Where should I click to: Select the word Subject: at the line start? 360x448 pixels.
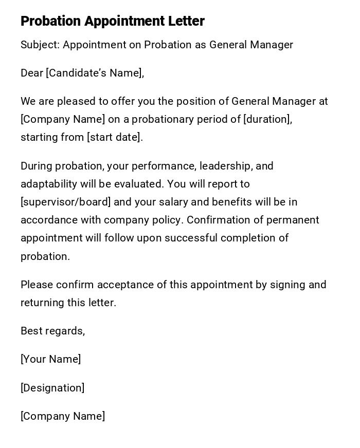coord(40,45)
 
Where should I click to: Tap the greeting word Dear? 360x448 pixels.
coord(32,73)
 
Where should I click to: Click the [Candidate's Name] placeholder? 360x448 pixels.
coord(95,73)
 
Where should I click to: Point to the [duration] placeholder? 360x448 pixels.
coord(267,119)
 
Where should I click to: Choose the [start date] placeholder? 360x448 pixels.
coord(115,137)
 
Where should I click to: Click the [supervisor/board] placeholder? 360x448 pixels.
coord(65,202)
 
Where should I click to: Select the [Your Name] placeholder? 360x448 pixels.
coord(50,359)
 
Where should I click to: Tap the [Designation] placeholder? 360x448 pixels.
coord(52,388)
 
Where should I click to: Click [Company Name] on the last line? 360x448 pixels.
coord(63,416)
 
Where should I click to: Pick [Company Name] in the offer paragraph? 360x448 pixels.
coord(63,119)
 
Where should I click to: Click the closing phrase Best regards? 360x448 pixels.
coord(52,331)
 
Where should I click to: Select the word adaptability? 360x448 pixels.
coord(49,184)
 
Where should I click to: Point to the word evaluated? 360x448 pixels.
coord(137,184)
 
